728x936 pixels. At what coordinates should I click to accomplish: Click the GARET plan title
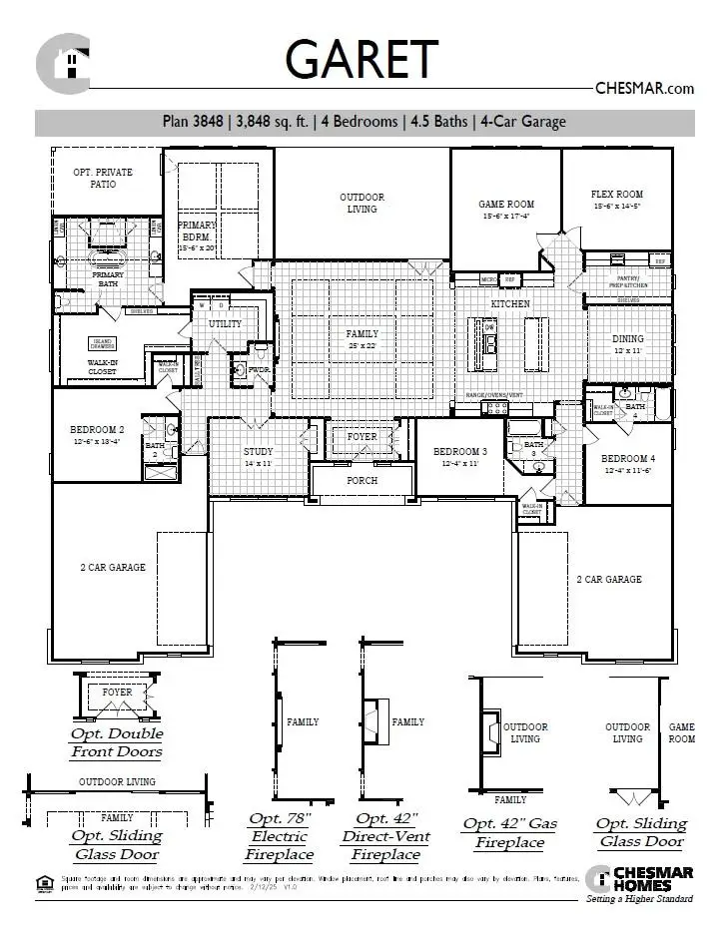click(x=362, y=59)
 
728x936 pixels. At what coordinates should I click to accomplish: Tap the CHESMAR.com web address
click(x=644, y=88)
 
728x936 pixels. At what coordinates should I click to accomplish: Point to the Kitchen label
click(x=509, y=303)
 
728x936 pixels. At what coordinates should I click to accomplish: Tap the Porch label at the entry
click(x=362, y=480)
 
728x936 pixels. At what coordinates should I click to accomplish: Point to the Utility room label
click(x=225, y=324)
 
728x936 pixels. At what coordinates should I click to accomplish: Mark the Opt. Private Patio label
click(x=103, y=178)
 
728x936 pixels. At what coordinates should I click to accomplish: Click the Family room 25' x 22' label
click(x=362, y=339)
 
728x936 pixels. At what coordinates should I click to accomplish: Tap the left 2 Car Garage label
click(x=113, y=568)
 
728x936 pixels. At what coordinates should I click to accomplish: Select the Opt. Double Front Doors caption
click(x=116, y=741)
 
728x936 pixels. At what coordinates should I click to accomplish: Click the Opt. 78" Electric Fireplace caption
click(x=281, y=836)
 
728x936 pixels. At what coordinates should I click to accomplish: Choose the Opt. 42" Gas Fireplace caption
click(x=509, y=832)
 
